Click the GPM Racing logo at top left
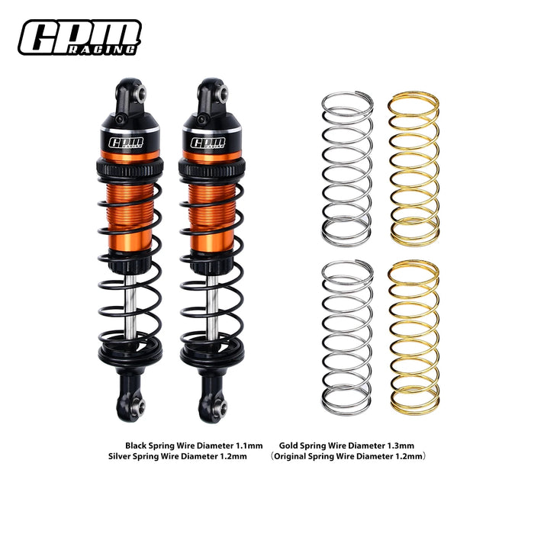(x=80, y=37)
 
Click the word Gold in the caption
(x=288, y=445)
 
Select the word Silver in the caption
(x=123, y=457)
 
